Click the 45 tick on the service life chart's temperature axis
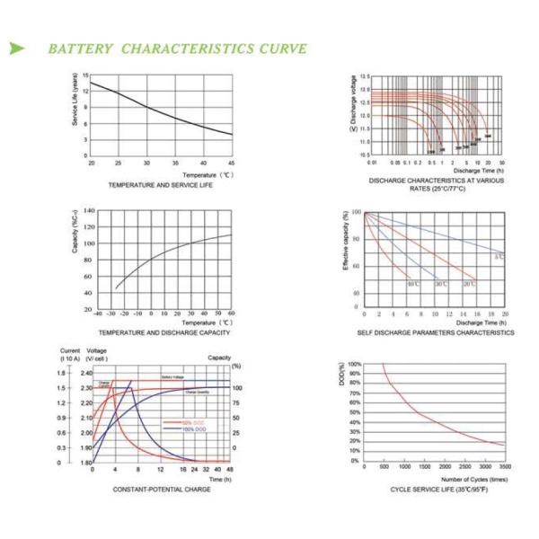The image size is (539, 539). click(232, 163)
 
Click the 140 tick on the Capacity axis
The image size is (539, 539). click(89, 211)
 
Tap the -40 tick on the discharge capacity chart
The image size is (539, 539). click(98, 314)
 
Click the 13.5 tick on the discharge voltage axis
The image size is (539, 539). click(366, 78)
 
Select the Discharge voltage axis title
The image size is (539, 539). click(353, 99)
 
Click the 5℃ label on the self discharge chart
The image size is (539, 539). click(499, 258)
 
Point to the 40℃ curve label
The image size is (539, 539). click(413, 284)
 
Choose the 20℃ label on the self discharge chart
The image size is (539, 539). click(469, 284)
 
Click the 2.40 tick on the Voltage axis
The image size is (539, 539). click(86, 373)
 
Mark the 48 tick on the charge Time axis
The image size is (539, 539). click(231, 470)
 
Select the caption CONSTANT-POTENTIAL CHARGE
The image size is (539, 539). click(162, 489)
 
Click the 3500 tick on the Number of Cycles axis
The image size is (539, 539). click(505, 468)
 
